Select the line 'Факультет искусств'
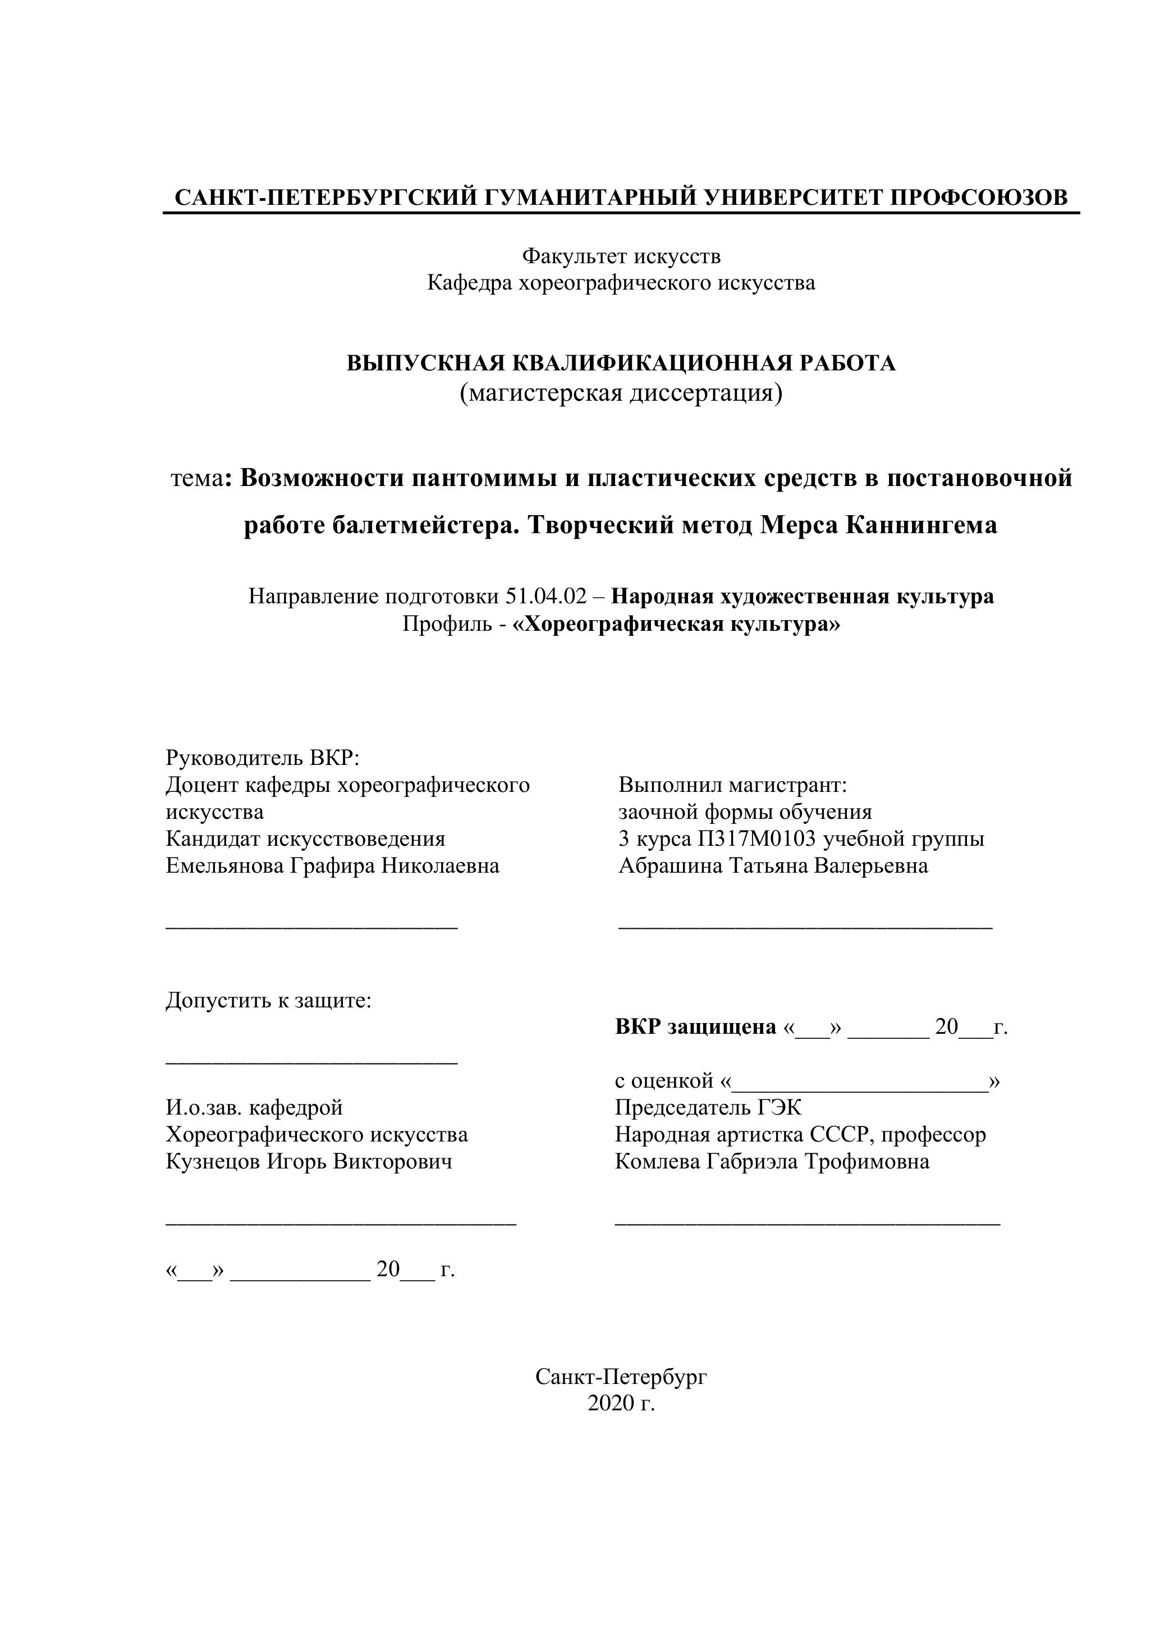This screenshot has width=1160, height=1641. [621, 255]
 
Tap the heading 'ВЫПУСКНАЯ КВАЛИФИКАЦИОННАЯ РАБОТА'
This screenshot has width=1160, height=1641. [621, 363]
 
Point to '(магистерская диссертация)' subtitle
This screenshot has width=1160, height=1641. [621, 392]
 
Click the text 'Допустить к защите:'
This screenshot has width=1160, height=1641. [269, 1000]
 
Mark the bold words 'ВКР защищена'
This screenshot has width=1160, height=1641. [695, 1027]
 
